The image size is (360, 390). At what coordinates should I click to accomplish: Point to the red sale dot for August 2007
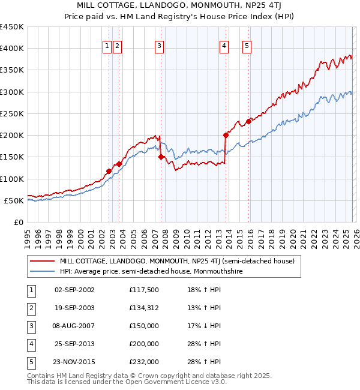tap(161, 157)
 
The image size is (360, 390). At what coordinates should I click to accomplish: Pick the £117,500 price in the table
tap(144, 289)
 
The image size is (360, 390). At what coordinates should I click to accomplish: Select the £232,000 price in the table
tap(144, 362)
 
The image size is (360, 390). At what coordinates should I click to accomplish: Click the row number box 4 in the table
tap(29, 344)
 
